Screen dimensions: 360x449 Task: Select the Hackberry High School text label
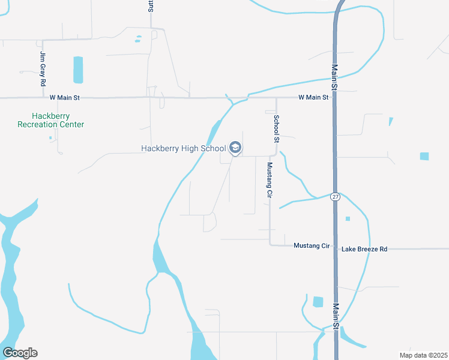click(x=183, y=148)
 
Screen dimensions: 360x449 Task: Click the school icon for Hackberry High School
click(x=235, y=148)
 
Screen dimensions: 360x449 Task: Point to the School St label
click(x=277, y=128)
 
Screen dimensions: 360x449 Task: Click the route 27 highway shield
click(x=335, y=197)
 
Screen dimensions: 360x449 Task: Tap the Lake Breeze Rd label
click(x=364, y=248)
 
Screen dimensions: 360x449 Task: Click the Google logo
click(x=20, y=352)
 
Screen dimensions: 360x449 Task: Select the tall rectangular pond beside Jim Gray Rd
click(x=78, y=70)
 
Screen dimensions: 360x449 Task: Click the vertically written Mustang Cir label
click(x=270, y=180)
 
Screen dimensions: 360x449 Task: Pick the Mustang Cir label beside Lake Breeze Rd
click(x=312, y=246)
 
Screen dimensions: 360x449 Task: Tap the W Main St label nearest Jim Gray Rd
click(x=64, y=97)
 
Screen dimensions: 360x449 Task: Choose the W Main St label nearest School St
click(x=315, y=97)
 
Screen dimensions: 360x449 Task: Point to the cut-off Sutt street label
click(x=151, y=6)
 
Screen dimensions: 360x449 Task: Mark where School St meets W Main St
click(x=276, y=97)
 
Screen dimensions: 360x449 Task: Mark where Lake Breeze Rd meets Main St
click(x=335, y=248)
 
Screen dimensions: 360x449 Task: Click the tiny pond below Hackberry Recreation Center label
click(x=50, y=137)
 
